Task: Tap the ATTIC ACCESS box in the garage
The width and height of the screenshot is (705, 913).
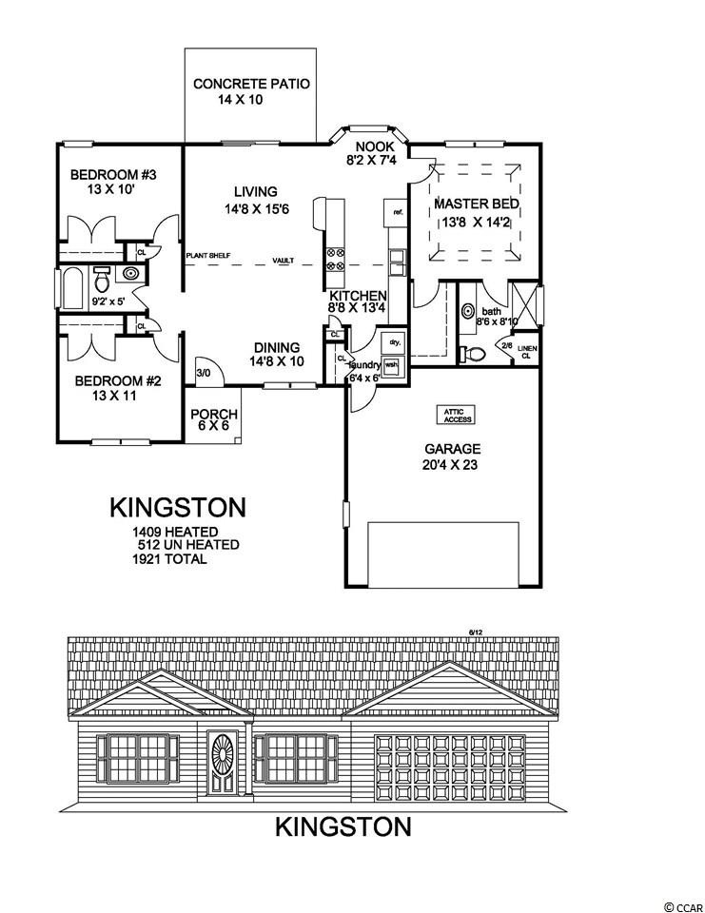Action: [455, 414]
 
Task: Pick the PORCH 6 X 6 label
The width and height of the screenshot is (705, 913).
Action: [213, 421]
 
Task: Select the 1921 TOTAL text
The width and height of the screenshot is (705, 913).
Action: [170, 560]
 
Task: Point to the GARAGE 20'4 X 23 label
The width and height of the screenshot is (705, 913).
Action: [453, 456]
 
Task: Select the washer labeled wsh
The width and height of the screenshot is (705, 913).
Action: [391, 365]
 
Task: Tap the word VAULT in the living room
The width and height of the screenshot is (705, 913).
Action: [283, 260]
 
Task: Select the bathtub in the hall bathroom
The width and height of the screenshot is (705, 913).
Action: [74, 287]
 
